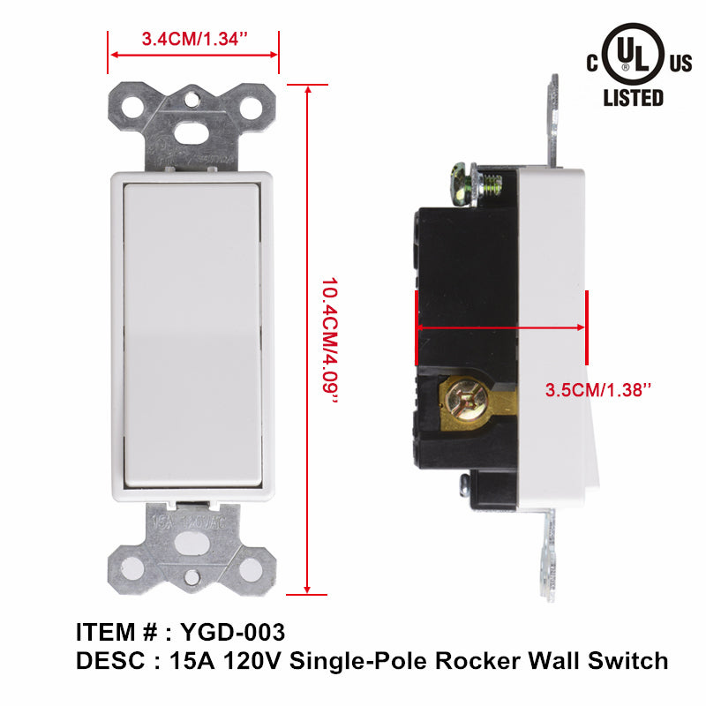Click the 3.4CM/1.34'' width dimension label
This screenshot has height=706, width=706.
(x=194, y=40)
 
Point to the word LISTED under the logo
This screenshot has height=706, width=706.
(x=633, y=97)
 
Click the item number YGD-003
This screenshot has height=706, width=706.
(x=232, y=632)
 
